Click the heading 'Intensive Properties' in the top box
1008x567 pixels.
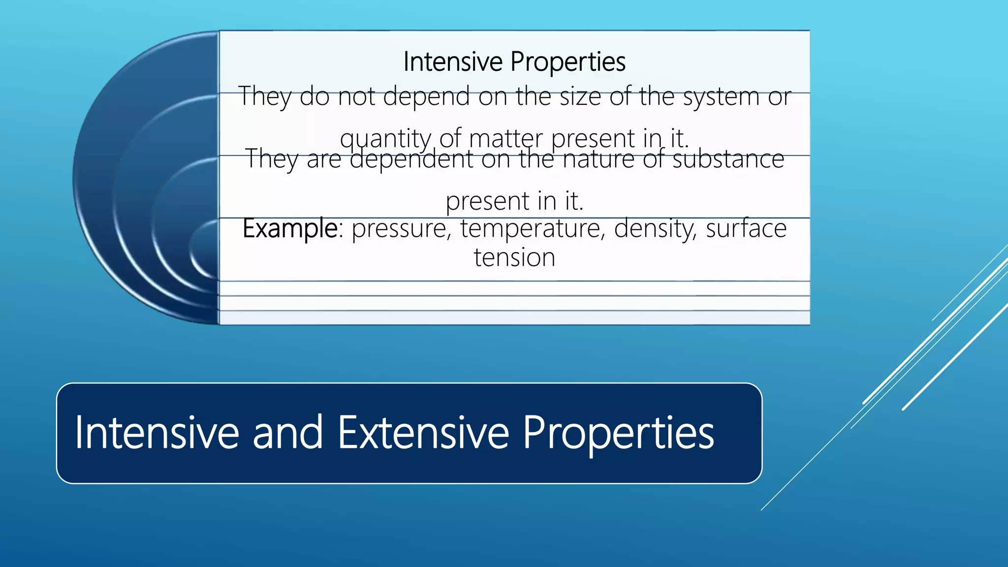pos(514,62)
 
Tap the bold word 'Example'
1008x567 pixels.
pos(290,229)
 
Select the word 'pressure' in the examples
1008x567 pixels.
pos(399,229)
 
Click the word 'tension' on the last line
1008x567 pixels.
pos(514,258)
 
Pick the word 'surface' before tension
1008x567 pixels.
pos(746,228)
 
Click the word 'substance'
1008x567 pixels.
pos(728,159)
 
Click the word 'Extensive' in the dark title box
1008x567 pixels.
pos(423,433)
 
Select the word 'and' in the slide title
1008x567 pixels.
pos(287,433)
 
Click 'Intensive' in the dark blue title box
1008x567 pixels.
pos(157,433)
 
